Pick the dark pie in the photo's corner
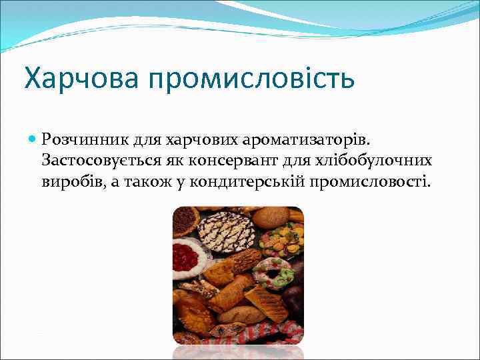point(185,219)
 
